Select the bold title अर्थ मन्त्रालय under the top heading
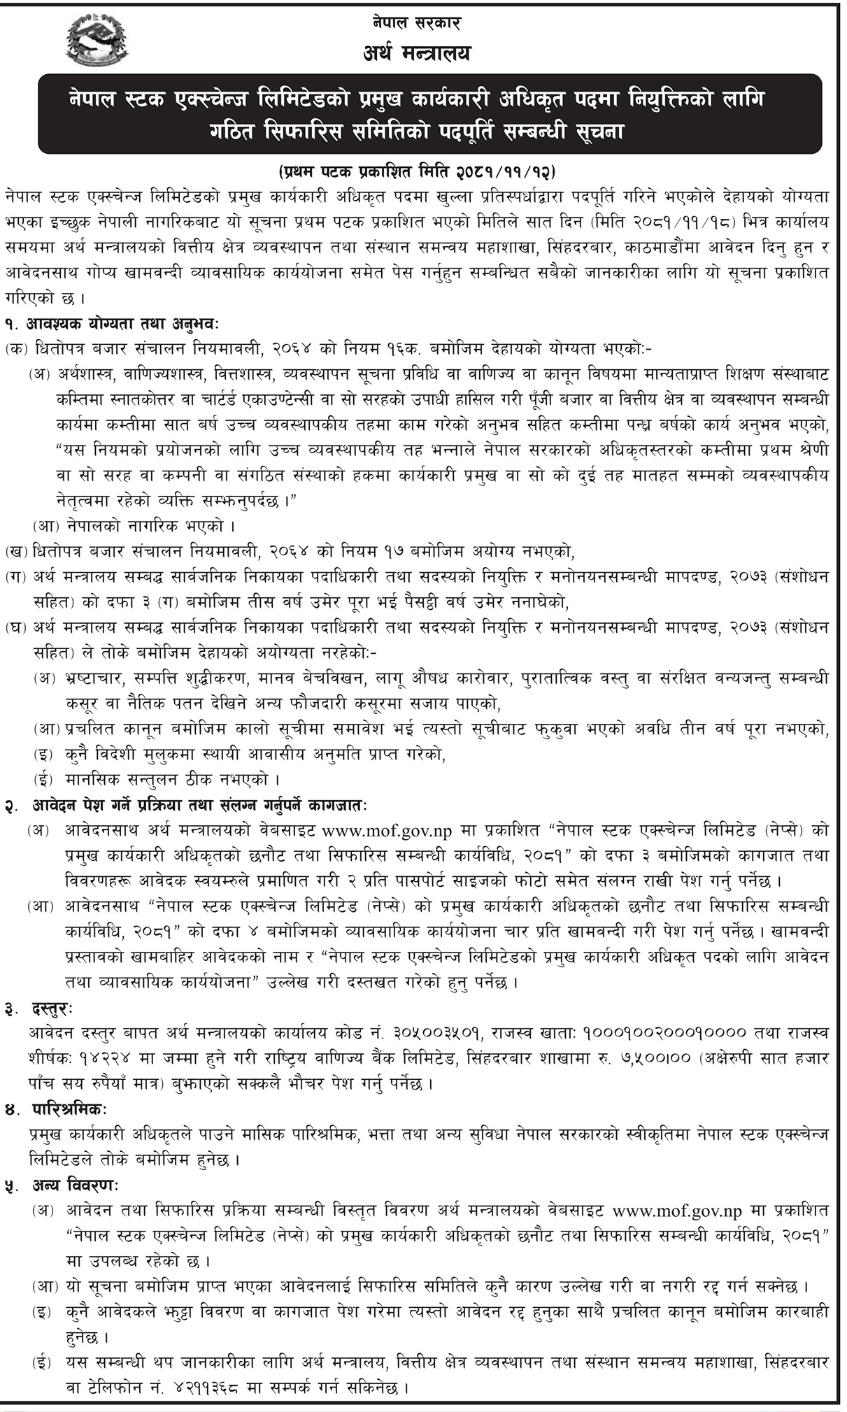click(x=418, y=52)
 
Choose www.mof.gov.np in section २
click(x=387, y=830)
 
